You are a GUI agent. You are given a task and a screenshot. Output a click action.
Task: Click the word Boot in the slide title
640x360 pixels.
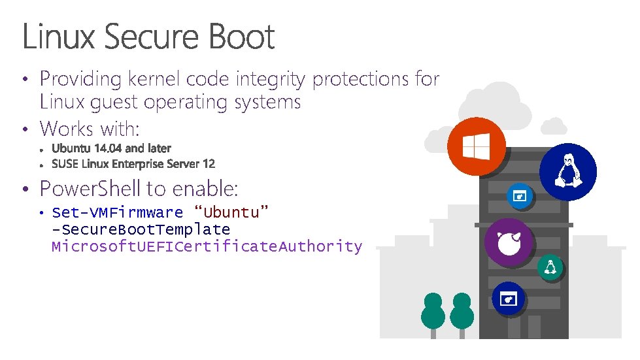(x=242, y=37)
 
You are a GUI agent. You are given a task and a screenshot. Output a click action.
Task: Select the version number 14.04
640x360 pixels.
(x=105, y=149)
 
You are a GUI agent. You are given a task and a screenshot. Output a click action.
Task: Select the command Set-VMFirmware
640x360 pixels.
(x=117, y=212)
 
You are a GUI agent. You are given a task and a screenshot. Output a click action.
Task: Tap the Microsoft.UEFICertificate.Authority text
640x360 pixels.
(x=207, y=246)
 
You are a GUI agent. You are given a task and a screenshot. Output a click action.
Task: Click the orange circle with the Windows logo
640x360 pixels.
(x=477, y=147)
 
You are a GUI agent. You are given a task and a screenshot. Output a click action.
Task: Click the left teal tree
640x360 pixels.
(x=433, y=312)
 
